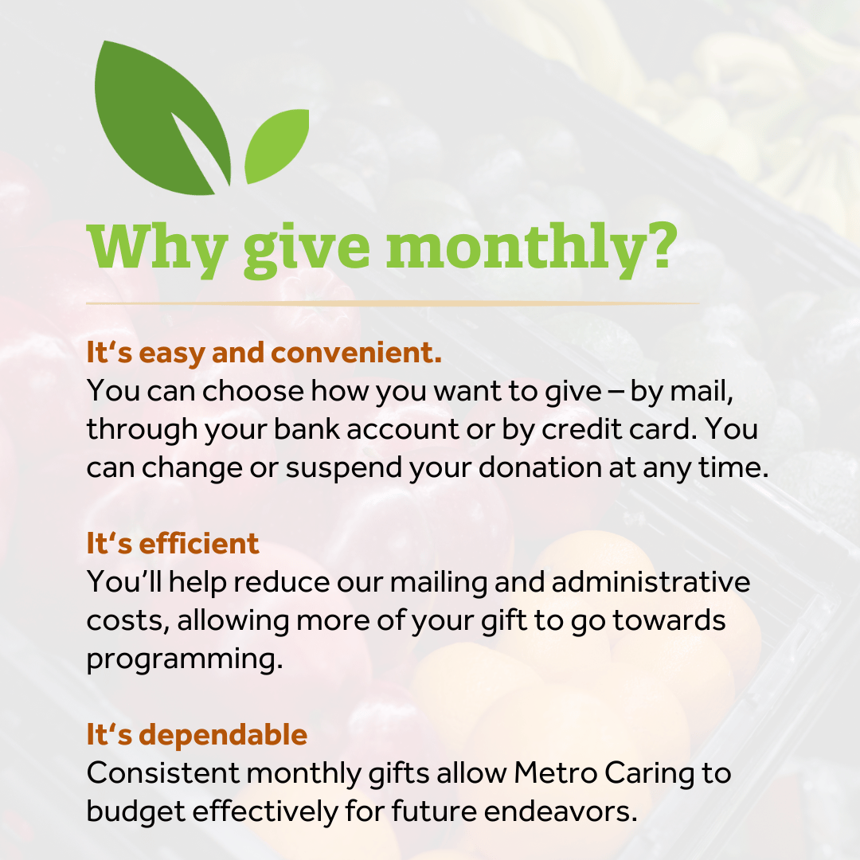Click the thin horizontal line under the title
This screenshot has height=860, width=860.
[392, 303]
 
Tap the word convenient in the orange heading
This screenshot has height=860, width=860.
[356, 353]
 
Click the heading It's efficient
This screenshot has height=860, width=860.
[173, 544]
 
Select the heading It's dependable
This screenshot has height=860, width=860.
[197, 734]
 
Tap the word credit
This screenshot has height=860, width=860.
[581, 429]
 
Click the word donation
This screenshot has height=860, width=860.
[540, 468]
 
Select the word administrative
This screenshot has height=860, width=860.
[651, 582]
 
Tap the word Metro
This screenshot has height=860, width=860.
[555, 773]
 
